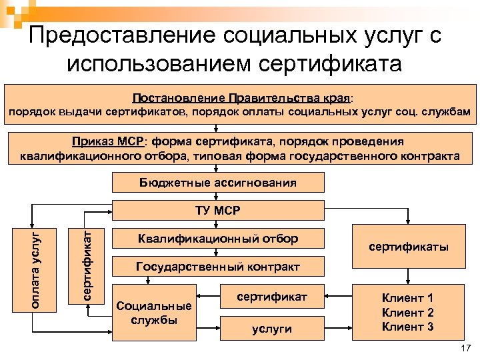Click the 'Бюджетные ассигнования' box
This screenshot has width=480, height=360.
click(x=218, y=183)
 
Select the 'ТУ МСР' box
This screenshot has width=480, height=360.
click(x=218, y=211)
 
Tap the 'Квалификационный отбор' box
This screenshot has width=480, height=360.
click(x=218, y=239)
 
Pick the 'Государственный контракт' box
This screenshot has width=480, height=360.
click(x=218, y=267)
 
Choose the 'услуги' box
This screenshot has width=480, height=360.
click(x=271, y=329)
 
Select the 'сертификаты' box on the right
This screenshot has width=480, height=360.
click(x=409, y=247)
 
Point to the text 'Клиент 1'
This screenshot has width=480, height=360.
click(x=407, y=298)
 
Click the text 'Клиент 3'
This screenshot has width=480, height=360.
click(x=407, y=327)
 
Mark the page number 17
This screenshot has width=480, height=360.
click(x=465, y=349)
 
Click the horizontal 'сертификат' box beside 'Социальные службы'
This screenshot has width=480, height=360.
click(x=271, y=296)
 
